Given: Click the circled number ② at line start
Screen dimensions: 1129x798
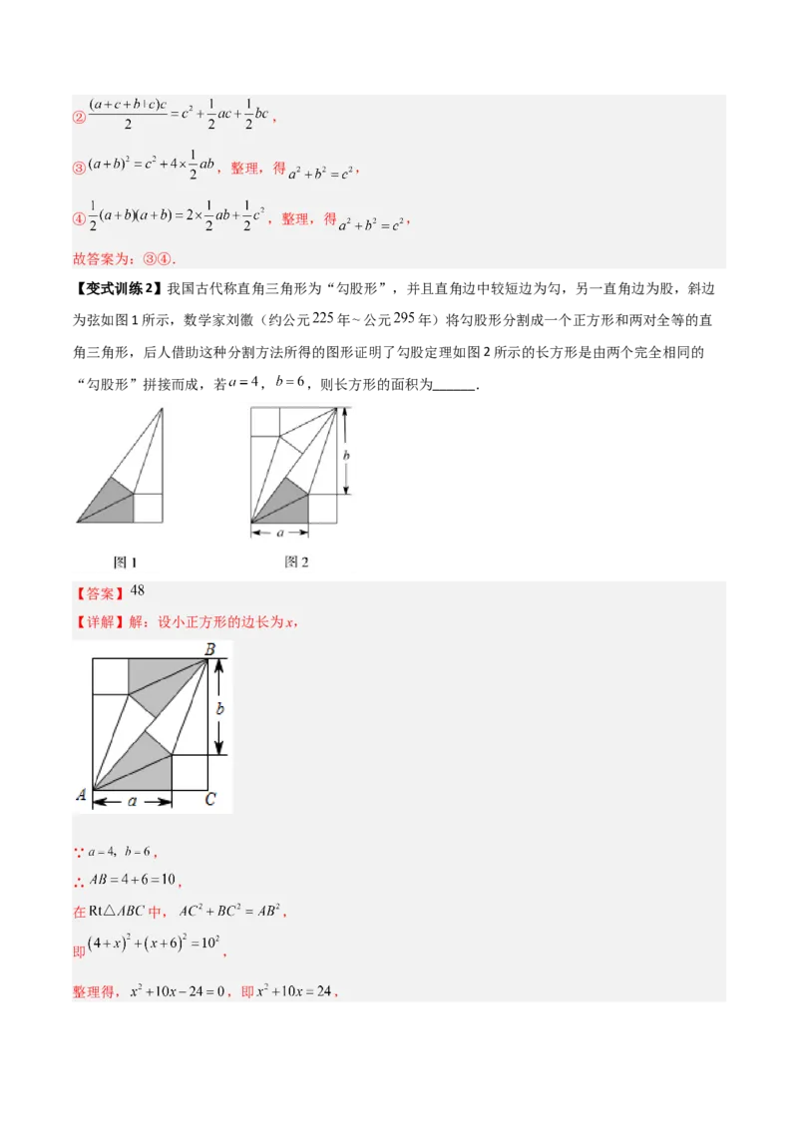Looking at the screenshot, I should (x=80, y=118).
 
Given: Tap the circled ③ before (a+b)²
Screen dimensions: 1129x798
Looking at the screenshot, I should (x=80, y=169).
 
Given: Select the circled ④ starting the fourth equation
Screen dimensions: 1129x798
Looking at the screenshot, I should (x=80, y=219).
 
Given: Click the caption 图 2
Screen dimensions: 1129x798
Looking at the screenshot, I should (x=296, y=562).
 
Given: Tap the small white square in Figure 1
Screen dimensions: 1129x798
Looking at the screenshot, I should (x=148, y=508).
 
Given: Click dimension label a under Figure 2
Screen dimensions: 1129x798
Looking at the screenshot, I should (x=279, y=533).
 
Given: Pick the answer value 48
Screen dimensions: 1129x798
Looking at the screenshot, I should (x=138, y=590).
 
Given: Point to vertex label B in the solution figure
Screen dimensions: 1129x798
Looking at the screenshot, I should (x=210, y=651).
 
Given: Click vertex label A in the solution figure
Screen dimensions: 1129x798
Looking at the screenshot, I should (x=81, y=795).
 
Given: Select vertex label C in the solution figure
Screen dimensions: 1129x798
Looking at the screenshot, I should (x=210, y=798).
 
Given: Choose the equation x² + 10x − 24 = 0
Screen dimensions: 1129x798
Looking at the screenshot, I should (x=180, y=992).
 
